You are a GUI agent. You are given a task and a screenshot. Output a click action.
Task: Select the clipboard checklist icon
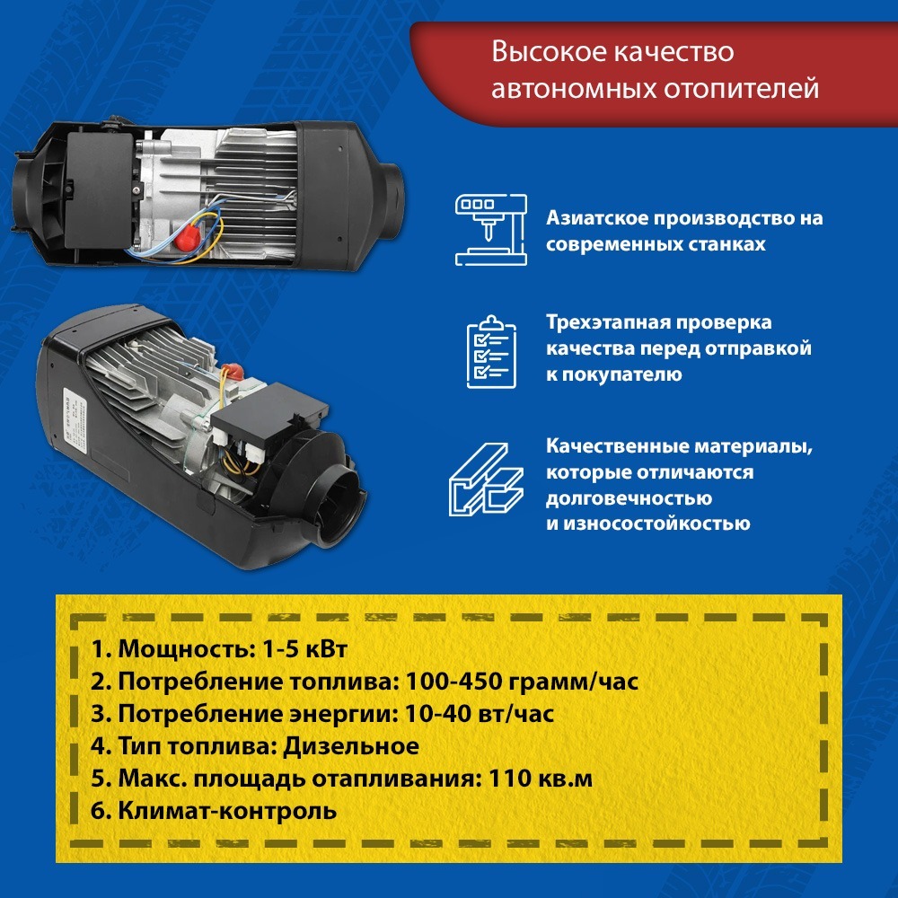point(490,351)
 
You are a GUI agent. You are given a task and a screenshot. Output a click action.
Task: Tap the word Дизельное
point(351,746)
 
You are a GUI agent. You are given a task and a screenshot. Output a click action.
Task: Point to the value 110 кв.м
point(542,779)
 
